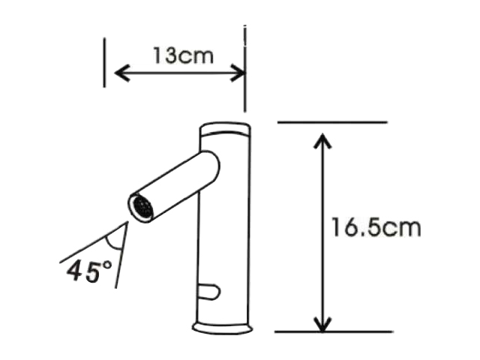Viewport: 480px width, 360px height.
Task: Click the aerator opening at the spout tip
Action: pyautogui.click(x=141, y=207)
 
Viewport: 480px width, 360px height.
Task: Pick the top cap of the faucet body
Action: pyautogui.click(x=225, y=127)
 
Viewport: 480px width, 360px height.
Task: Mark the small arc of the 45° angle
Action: pyautogui.click(x=114, y=240)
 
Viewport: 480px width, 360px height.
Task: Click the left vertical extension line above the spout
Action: pyautogui.click(x=104, y=64)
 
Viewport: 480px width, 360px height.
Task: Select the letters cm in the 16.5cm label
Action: pyautogui.click(x=402, y=227)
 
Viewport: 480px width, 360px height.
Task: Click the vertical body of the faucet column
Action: pyautogui.click(x=225, y=240)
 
